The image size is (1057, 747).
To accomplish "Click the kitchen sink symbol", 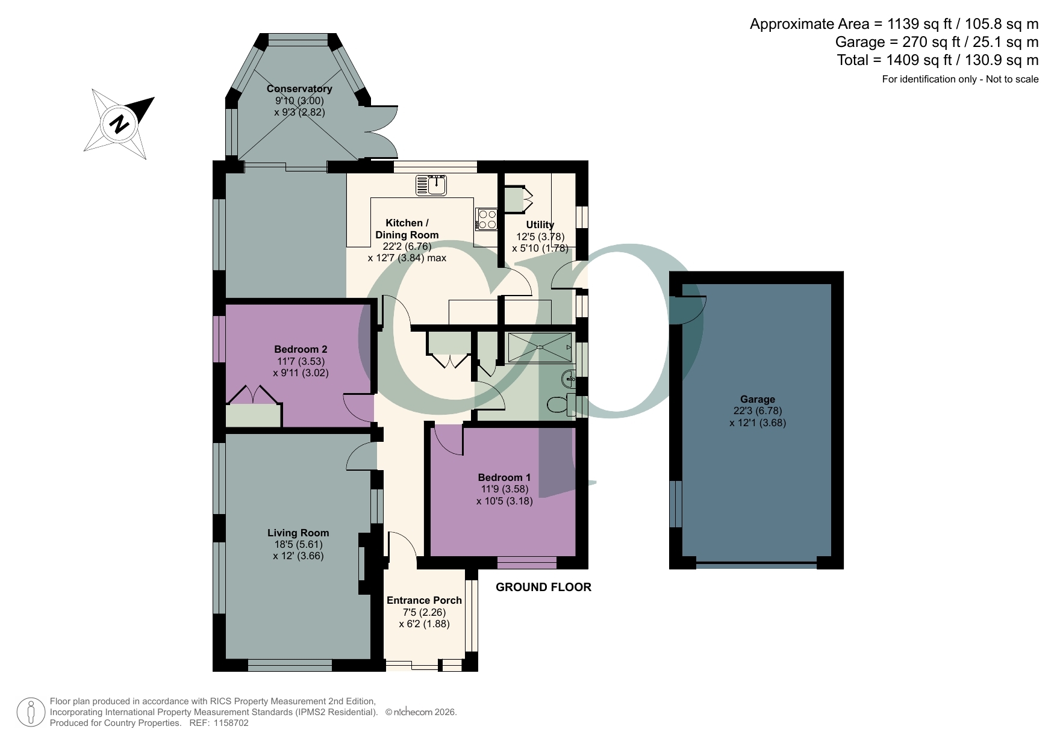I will click(x=431, y=185).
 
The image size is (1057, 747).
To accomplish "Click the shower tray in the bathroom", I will click(x=540, y=347).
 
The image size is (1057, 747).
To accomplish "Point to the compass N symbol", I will click(x=120, y=124).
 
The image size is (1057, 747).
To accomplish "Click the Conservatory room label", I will click(x=299, y=89).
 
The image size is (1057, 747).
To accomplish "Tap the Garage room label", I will click(x=758, y=399).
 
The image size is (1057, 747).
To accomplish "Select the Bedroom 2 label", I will click(x=301, y=349).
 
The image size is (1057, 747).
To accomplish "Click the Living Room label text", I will click(x=298, y=533).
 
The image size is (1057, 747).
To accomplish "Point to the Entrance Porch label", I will click(x=424, y=600).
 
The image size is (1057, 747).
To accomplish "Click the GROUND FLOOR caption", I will click(x=543, y=587).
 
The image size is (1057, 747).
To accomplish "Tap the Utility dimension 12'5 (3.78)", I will click(x=540, y=237).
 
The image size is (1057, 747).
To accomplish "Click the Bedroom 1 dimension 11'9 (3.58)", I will click(x=504, y=489).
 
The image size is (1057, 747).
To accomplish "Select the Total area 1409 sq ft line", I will click(x=937, y=60).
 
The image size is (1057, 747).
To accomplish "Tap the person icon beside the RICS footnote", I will click(x=31, y=712).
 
